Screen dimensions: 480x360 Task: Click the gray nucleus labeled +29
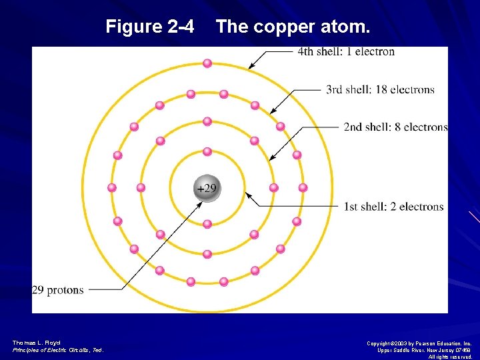[207, 187]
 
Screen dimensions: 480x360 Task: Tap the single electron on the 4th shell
[207, 63]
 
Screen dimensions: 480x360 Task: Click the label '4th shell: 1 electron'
[346, 51]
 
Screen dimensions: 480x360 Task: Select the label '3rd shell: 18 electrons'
[380, 89]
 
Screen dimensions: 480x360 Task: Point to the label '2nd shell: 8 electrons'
[395, 127]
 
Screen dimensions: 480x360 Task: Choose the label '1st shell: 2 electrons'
[393, 207]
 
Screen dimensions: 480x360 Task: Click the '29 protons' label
[58, 290]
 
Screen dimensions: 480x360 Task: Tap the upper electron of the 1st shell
[207, 152]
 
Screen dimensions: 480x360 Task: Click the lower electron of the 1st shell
[207, 224]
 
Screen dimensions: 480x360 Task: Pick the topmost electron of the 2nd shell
[207, 121]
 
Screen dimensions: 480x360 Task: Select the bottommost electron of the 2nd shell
[207, 254]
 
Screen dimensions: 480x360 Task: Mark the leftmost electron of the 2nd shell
[141, 187]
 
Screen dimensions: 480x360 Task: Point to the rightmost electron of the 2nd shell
[273, 187]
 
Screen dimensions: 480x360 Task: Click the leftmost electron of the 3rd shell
[112, 187]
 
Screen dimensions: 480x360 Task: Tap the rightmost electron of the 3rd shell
[303, 187]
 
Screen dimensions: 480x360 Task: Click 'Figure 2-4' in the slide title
[150, 27]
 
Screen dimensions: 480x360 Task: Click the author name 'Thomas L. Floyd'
[31, 343]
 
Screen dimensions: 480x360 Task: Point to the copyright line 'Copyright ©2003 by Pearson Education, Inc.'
[419, 343]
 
